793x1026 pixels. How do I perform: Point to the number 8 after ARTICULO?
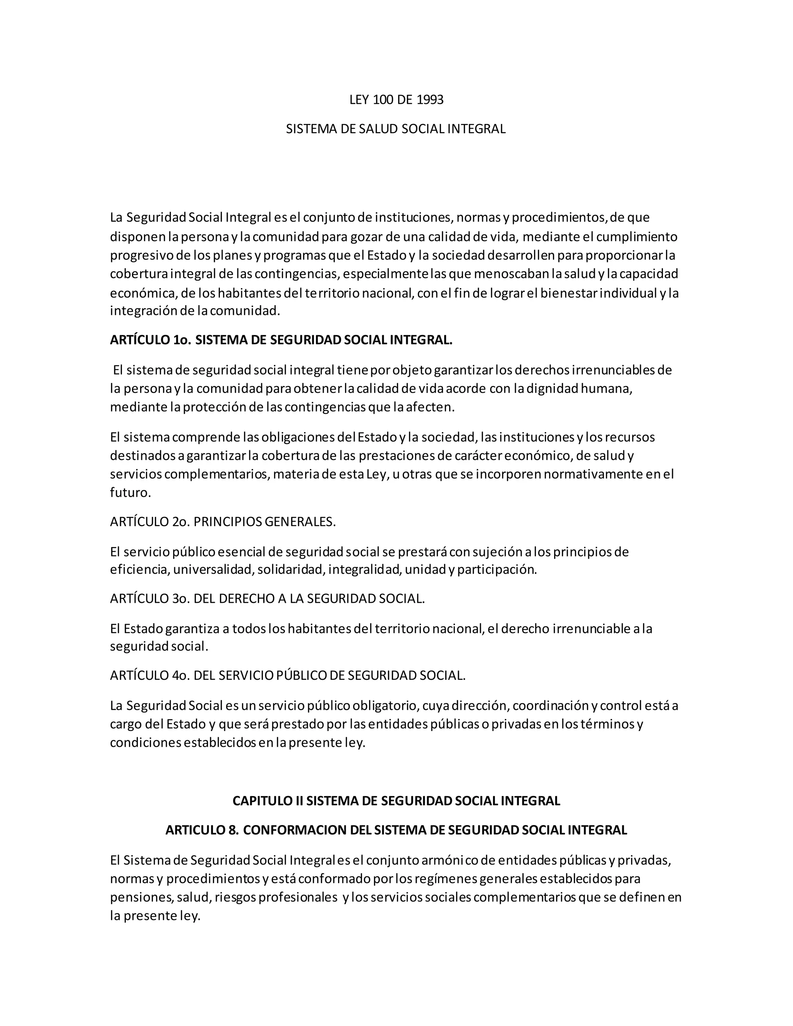(232, 830)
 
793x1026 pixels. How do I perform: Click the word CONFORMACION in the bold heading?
(295, 830)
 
